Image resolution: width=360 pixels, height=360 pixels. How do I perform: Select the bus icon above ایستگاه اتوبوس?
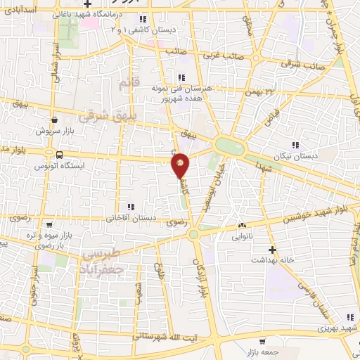click(x=59, y=155)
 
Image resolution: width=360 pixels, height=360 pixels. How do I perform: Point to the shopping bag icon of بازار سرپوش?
click(x=55, y=120)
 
